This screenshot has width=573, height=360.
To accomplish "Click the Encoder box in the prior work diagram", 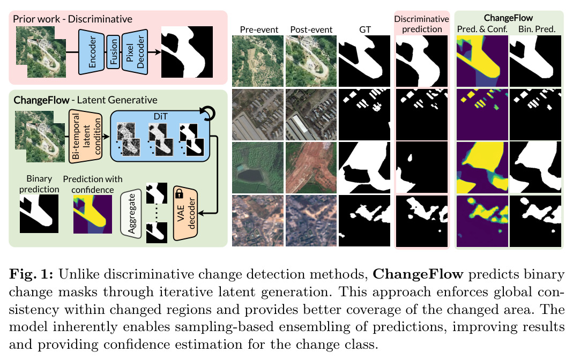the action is point(92,52).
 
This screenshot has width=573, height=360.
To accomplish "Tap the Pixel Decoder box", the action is point(135,52).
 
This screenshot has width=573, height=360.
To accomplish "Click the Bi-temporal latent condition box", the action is point(86,136).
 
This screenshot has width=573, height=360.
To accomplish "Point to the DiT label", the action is point(160,116).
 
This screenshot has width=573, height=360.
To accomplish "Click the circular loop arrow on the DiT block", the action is point(208,113).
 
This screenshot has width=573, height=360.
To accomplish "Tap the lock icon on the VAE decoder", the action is point(179,193).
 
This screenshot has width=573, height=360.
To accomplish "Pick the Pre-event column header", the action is point(259,29).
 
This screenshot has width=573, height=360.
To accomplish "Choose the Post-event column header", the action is point(311,29).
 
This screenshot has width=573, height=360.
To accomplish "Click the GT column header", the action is point(365,29).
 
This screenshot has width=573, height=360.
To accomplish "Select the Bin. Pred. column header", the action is point(537,29).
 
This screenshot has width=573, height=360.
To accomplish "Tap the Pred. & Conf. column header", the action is point(482,29).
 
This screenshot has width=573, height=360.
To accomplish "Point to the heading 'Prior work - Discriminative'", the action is point(73,19).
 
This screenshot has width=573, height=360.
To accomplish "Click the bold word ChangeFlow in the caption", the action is point(418,274).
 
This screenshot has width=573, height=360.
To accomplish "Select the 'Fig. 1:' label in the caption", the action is point(32,274).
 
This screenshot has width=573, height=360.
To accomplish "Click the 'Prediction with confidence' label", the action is point(93,184).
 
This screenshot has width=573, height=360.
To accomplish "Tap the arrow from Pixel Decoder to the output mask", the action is point(154,52).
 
